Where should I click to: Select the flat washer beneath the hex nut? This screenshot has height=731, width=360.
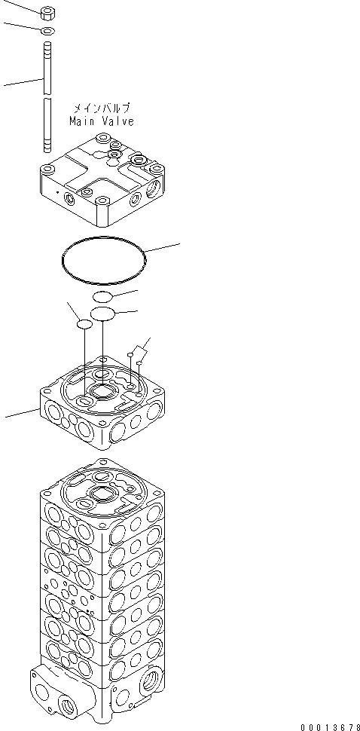47,31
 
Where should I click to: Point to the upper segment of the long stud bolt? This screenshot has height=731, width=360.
47,68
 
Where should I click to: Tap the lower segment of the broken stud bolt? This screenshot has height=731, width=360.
47,124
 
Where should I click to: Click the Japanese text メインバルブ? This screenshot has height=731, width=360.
101,109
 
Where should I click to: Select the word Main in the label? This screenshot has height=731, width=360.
82,121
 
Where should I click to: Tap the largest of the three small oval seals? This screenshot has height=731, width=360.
102,313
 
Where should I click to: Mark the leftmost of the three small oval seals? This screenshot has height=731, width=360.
84,324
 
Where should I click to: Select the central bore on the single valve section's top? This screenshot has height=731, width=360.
102,392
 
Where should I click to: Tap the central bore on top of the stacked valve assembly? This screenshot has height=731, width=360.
102,496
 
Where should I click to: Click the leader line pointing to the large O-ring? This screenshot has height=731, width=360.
163,248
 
